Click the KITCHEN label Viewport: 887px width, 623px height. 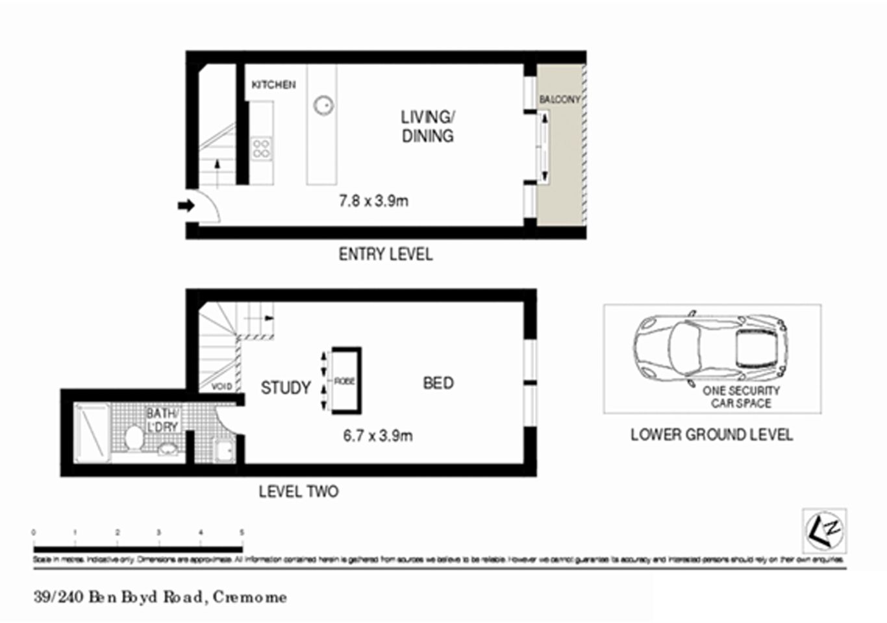point(273,85)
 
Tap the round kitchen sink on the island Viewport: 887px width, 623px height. point(323,104)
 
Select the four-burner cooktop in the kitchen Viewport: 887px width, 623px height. point(262,148)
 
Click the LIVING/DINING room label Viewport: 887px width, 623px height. point(427,127)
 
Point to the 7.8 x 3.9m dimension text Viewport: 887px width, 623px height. point(373,201)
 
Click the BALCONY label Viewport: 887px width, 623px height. point(559,99)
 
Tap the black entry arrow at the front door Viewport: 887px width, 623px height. point(186,206)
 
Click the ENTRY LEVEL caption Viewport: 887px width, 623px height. point(385,254)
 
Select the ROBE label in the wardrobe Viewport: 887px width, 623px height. point(344,381)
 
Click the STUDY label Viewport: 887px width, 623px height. point(286,388)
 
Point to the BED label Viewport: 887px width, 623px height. point(438,384)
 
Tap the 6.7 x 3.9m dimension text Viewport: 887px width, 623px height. point(377,435)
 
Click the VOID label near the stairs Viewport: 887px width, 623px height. point(221,387)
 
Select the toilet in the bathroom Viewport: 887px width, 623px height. point(135,437)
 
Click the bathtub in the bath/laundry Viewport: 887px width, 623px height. point(92,433)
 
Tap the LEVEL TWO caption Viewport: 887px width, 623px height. point(298,492)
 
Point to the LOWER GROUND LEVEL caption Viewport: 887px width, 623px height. point(711,435)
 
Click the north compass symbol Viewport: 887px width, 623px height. point(824,530)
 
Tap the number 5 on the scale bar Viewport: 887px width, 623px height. point(242,532)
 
